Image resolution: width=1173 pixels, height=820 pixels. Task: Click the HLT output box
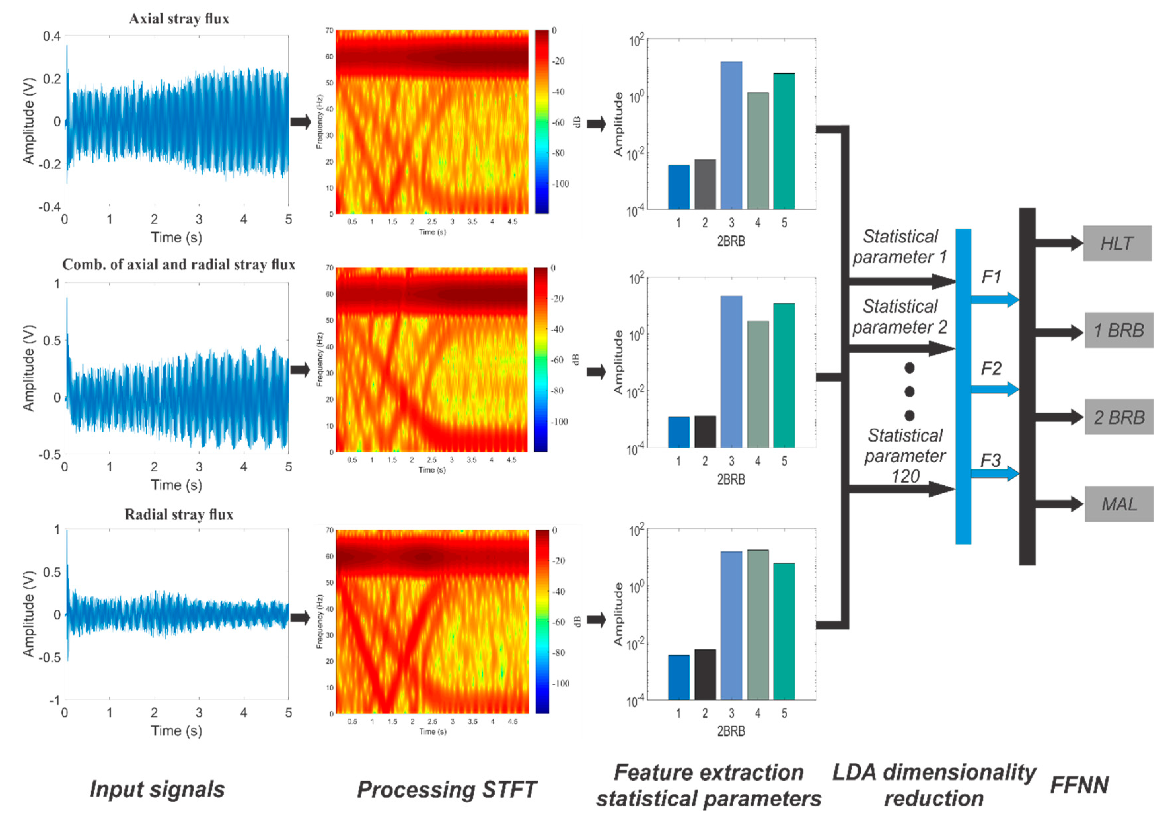(x=1117, y=243)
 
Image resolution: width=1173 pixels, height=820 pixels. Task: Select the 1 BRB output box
(x=1119, y=330)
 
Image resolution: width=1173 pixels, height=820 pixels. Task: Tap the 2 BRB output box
(x=1119, y=417)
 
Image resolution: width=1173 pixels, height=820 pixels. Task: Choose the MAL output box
(x=1119, y=504)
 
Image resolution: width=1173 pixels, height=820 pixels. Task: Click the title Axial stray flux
(x=179, y=19)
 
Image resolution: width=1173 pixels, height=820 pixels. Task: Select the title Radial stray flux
(x=179, y=514)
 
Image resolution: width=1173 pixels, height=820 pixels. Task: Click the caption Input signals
(x=157, y=789)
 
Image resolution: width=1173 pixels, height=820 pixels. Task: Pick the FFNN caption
(x=1079, y=785)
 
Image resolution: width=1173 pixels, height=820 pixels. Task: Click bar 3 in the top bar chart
(x=731, y=135)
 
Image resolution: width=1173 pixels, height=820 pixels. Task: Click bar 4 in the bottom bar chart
(x=758, y=624)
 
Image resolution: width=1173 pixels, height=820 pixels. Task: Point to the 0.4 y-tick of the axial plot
(x=52, y=36)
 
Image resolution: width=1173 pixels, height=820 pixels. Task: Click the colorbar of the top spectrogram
(x=541, y=122)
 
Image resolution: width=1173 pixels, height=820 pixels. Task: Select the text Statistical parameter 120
(x=905, y=456)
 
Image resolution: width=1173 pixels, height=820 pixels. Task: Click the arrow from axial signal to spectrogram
(x=300, y=122)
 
